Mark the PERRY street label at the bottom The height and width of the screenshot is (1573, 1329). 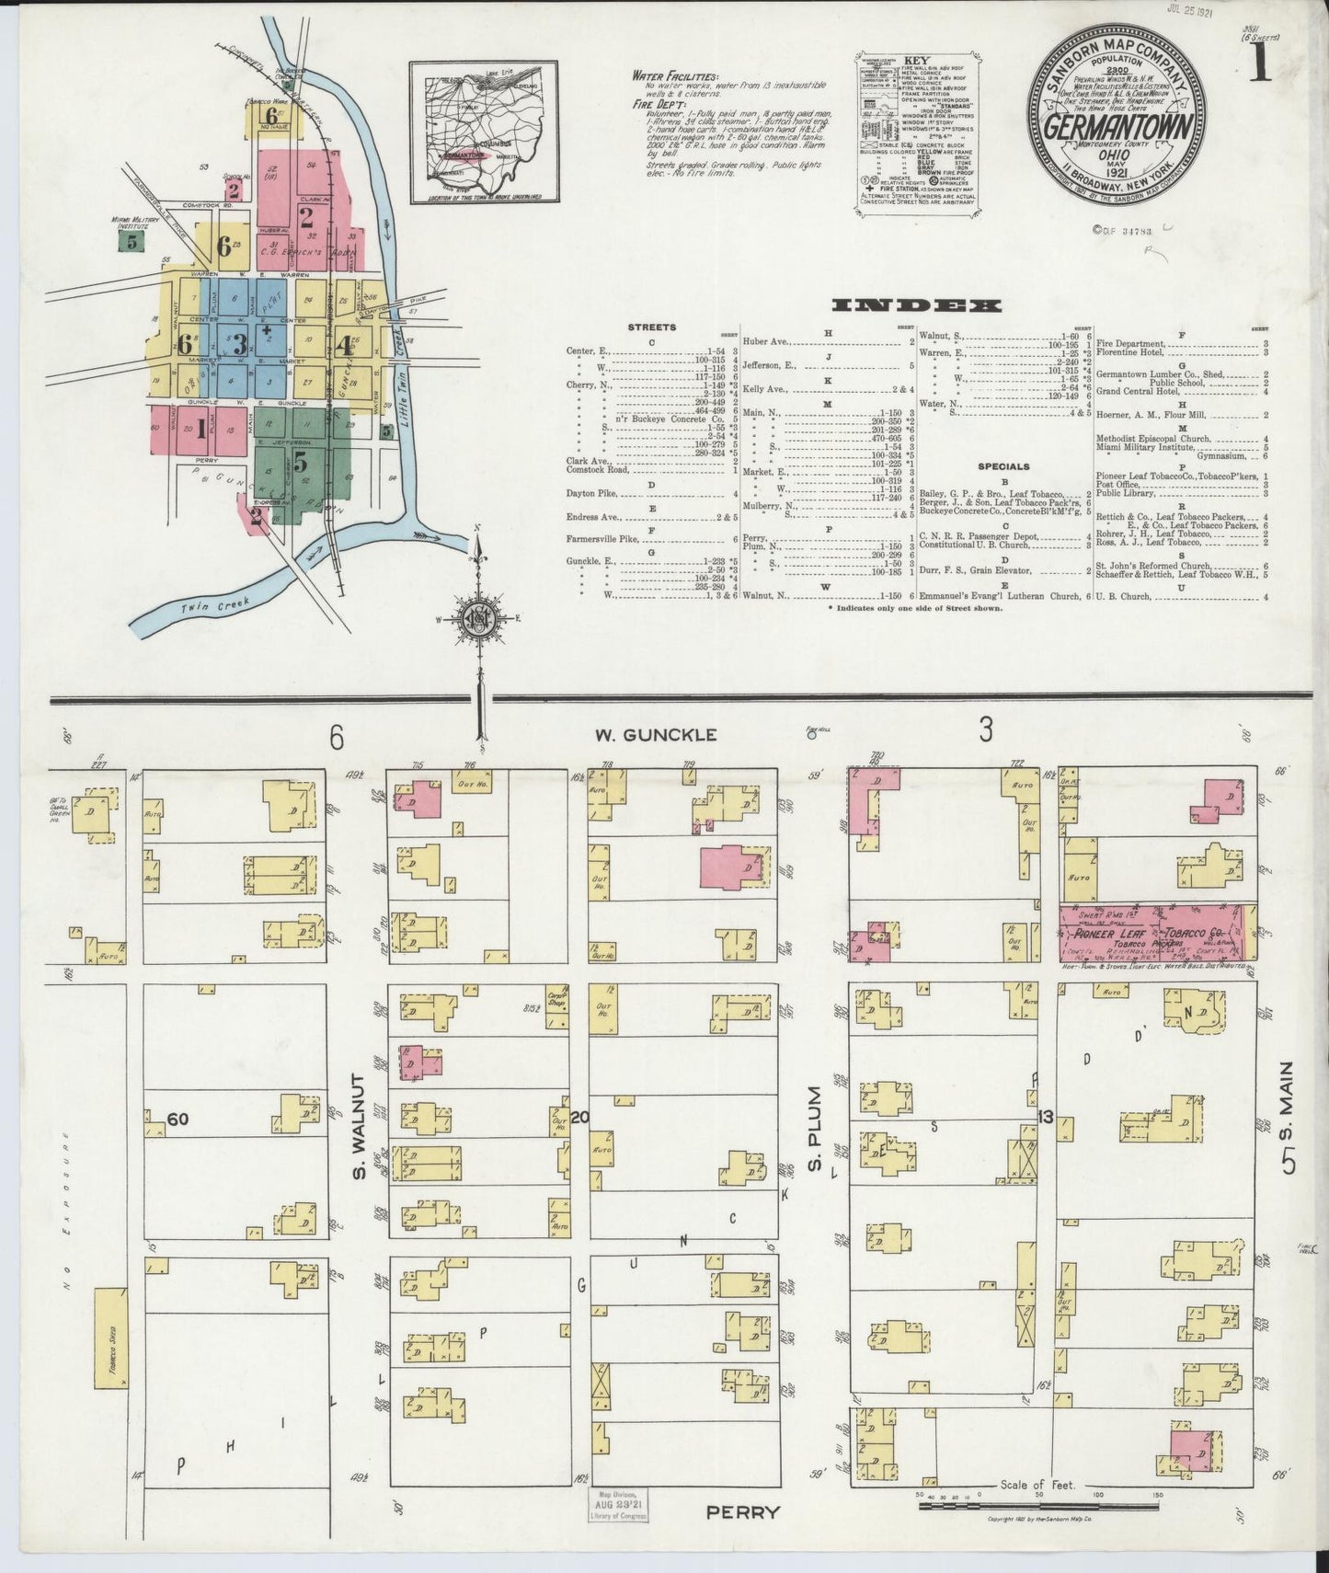coord(743,1511)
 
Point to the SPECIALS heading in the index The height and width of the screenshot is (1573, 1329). coord(1003,467)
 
